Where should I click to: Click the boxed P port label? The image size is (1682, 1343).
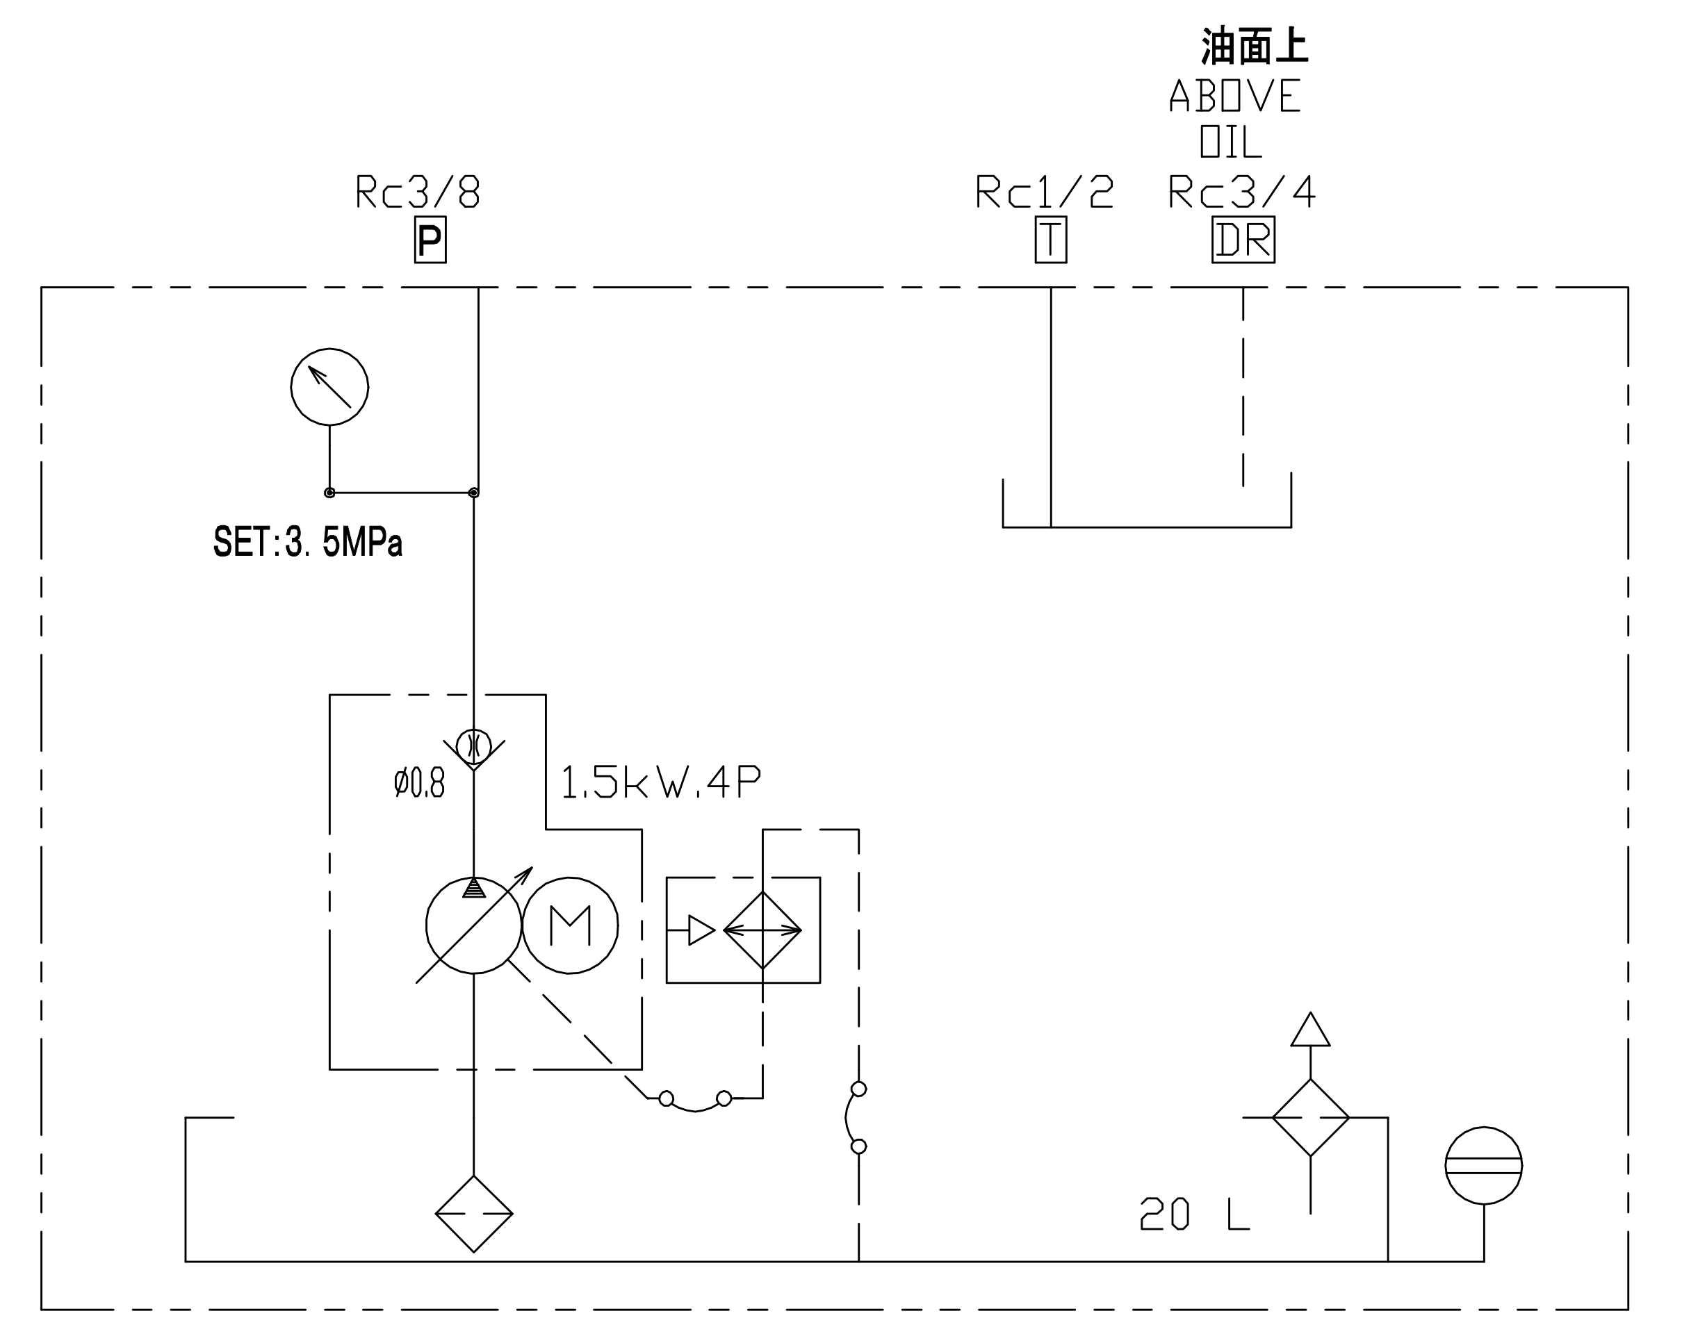430,240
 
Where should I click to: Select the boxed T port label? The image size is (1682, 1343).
1050,240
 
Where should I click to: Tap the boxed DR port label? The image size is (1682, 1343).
1243,240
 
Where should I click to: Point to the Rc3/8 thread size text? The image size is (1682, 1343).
418,192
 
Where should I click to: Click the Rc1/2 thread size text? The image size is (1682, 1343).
1045,192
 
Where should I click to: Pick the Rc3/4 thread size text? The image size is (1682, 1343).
1241,192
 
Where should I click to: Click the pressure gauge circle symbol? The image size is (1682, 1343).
329,387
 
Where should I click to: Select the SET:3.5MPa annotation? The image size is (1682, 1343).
308,543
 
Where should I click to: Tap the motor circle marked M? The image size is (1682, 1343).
571,925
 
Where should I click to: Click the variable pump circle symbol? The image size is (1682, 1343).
473,925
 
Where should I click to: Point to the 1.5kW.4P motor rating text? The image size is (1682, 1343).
661,782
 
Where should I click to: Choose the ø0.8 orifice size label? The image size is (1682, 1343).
419,782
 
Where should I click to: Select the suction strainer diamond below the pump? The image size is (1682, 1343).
473,1214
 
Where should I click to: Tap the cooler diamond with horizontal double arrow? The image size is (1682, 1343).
762,930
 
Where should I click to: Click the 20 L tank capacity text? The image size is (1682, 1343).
1194,1214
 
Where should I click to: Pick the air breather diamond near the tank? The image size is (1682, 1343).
1311,1118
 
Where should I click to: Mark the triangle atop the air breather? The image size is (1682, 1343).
1311,1032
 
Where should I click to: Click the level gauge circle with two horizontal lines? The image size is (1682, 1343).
1484,1165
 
